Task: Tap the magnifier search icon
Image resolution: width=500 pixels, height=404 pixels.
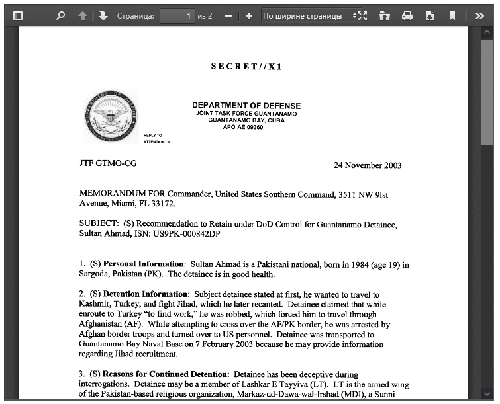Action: (60, 15)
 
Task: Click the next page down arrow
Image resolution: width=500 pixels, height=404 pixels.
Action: (103, 15)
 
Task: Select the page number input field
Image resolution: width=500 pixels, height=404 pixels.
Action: (177, 15)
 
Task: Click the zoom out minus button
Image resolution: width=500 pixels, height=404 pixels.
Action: (228, 15)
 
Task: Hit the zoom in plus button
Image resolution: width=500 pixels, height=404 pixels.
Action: (248, 15)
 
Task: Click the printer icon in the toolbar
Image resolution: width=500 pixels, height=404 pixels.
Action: (407, 15)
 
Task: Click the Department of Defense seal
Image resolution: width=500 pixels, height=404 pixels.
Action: (111, 117)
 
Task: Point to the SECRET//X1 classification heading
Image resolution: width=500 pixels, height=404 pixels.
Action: (246, 67)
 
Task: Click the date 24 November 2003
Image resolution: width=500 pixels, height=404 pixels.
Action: (367, 165)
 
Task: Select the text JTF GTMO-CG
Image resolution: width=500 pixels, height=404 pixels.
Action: (108, 163)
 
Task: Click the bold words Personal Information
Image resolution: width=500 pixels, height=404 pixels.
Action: (143, 264)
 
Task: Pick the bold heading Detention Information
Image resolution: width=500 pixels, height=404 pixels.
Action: (146, 294)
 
